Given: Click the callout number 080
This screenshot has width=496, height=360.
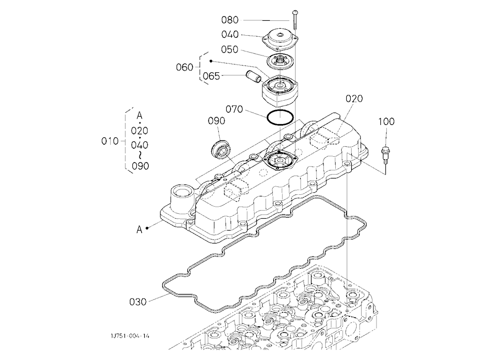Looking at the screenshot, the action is tap(230, 20).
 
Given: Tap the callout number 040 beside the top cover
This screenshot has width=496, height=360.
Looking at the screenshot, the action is tap(230, 35).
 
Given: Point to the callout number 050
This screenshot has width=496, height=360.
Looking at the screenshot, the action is tap(229, 50).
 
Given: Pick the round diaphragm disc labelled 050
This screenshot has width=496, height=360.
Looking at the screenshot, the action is tap(281, 60).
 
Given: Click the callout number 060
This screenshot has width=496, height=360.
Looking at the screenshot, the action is tap(185, 67).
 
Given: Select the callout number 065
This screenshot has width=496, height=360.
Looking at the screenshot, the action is tap(211, 76).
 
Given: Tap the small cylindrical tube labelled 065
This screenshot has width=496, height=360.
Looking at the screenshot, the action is tap(253, 76).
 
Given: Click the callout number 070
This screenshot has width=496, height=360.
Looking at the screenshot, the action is tap(234, 110).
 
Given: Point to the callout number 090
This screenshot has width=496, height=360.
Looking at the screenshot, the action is tap(216, 121).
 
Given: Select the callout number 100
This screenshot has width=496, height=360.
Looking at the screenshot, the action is tap(386, 121).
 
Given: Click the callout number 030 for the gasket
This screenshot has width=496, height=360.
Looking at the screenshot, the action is tap(138, 302).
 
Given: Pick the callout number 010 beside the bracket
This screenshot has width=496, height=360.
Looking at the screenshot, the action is tap(110, 141).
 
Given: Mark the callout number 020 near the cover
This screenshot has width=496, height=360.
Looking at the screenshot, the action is tap(354, 99).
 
